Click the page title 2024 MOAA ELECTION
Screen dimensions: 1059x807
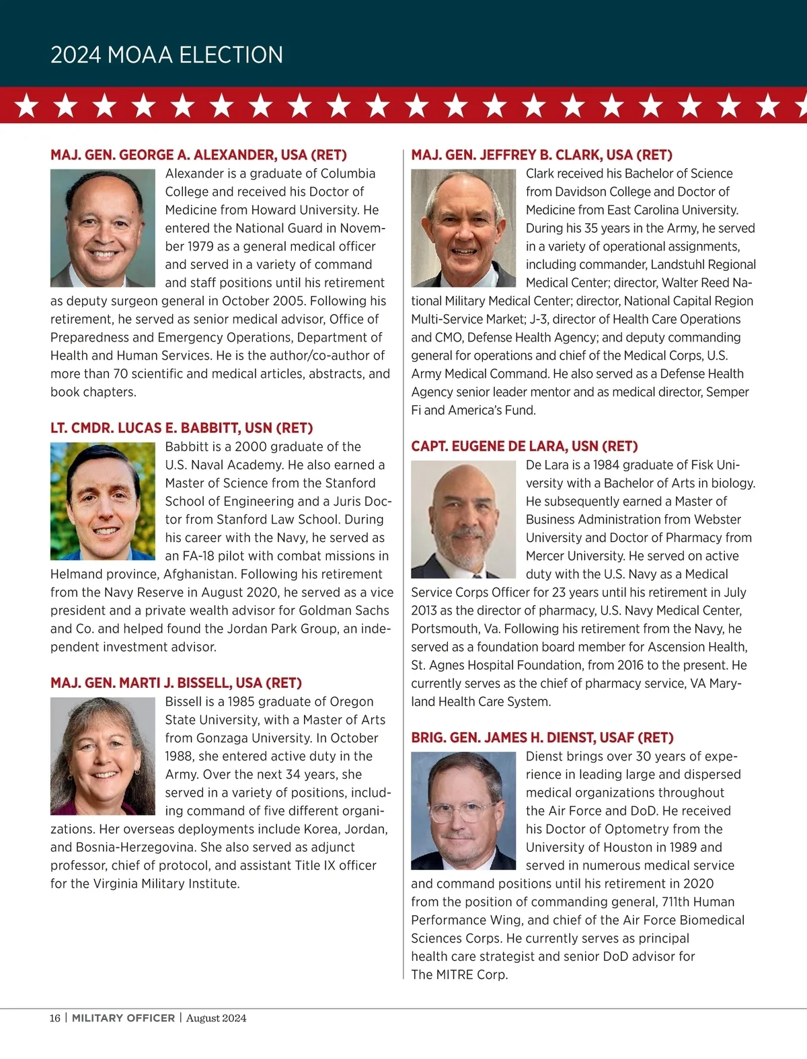[167, 54]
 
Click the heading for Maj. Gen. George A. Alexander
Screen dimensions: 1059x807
[198, 155]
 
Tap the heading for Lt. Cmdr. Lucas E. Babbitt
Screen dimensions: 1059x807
[182, 428]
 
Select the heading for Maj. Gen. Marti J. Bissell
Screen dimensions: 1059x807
[176, 683]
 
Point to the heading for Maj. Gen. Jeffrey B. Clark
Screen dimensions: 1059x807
[541, 155]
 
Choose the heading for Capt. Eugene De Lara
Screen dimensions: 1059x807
[524, 446]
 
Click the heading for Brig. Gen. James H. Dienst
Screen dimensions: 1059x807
[542, 738]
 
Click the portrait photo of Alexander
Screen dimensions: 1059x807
[103, 228]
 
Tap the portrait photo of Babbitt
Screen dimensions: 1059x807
[103, 501]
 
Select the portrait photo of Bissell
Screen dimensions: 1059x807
[103, 756]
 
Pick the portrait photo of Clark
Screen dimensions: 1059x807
[463, 228]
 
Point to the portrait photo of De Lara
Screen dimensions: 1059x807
[463, 519]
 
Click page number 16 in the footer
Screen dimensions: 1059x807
[54, 1018]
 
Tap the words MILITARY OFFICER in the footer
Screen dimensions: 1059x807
[123, 1018]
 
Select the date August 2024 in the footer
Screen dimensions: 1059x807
[216, 1018]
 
